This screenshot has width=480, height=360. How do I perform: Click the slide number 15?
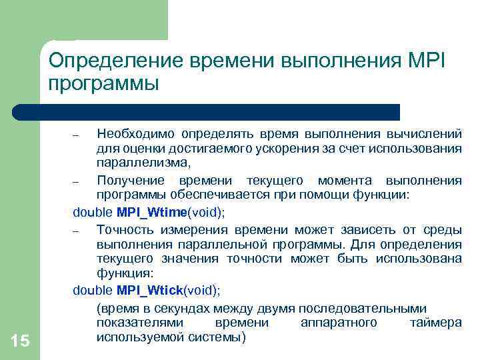click(x=21, y=341)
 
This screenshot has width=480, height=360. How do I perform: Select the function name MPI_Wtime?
click(x=153, y=212)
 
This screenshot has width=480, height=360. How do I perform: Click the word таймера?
click(x=436, y=323)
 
